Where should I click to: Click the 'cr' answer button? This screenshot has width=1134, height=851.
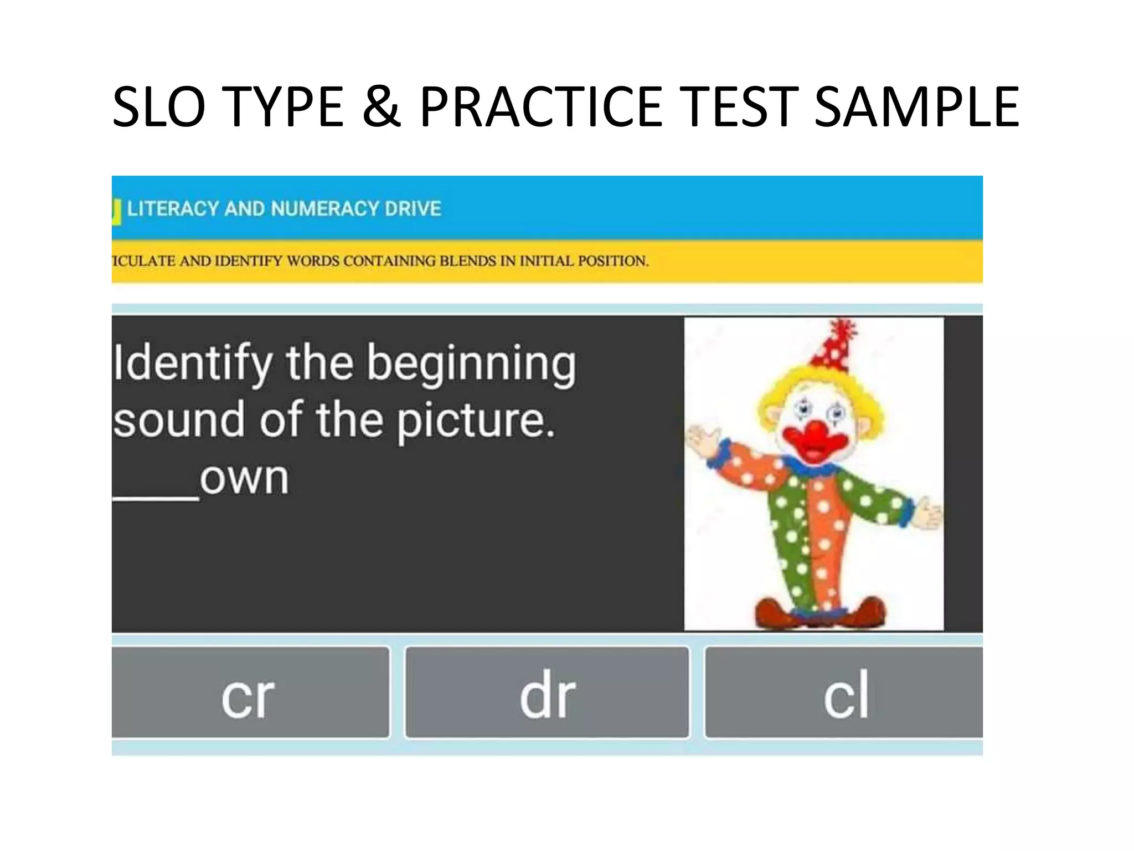[249, 693]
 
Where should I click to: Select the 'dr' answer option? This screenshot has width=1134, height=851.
[547, 693]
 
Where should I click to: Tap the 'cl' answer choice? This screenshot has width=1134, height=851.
[844, 693]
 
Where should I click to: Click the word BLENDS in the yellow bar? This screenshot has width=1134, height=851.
[468, 261]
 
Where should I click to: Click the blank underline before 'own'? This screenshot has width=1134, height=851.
[156, 496]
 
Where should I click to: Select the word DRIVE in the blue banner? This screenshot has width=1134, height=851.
[413, 209]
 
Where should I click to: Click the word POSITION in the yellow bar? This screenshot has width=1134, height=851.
[613, 261]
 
